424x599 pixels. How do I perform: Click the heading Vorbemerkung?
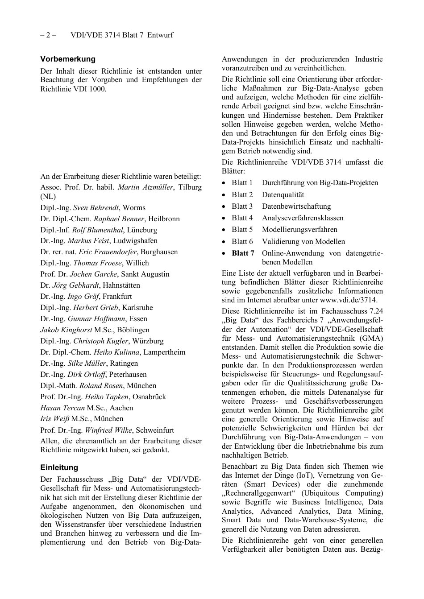(x=68, y=59)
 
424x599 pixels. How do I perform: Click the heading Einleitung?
(x=59, y=467)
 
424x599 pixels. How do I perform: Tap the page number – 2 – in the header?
(x=48, y=35)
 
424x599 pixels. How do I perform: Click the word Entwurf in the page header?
(x=160, y=35)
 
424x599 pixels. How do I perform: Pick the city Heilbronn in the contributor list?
(x=164, y=219)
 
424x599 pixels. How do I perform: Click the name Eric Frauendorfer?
(x=108, y=252)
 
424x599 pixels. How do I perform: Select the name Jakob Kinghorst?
(x=66, y=330)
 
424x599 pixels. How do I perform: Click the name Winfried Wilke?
(x=108, y=430)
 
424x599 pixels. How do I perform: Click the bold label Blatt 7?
(x=243, y=253)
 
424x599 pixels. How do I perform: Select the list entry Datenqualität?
(x=283, y=195)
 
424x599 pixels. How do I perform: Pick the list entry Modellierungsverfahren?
(x=299, y=230)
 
